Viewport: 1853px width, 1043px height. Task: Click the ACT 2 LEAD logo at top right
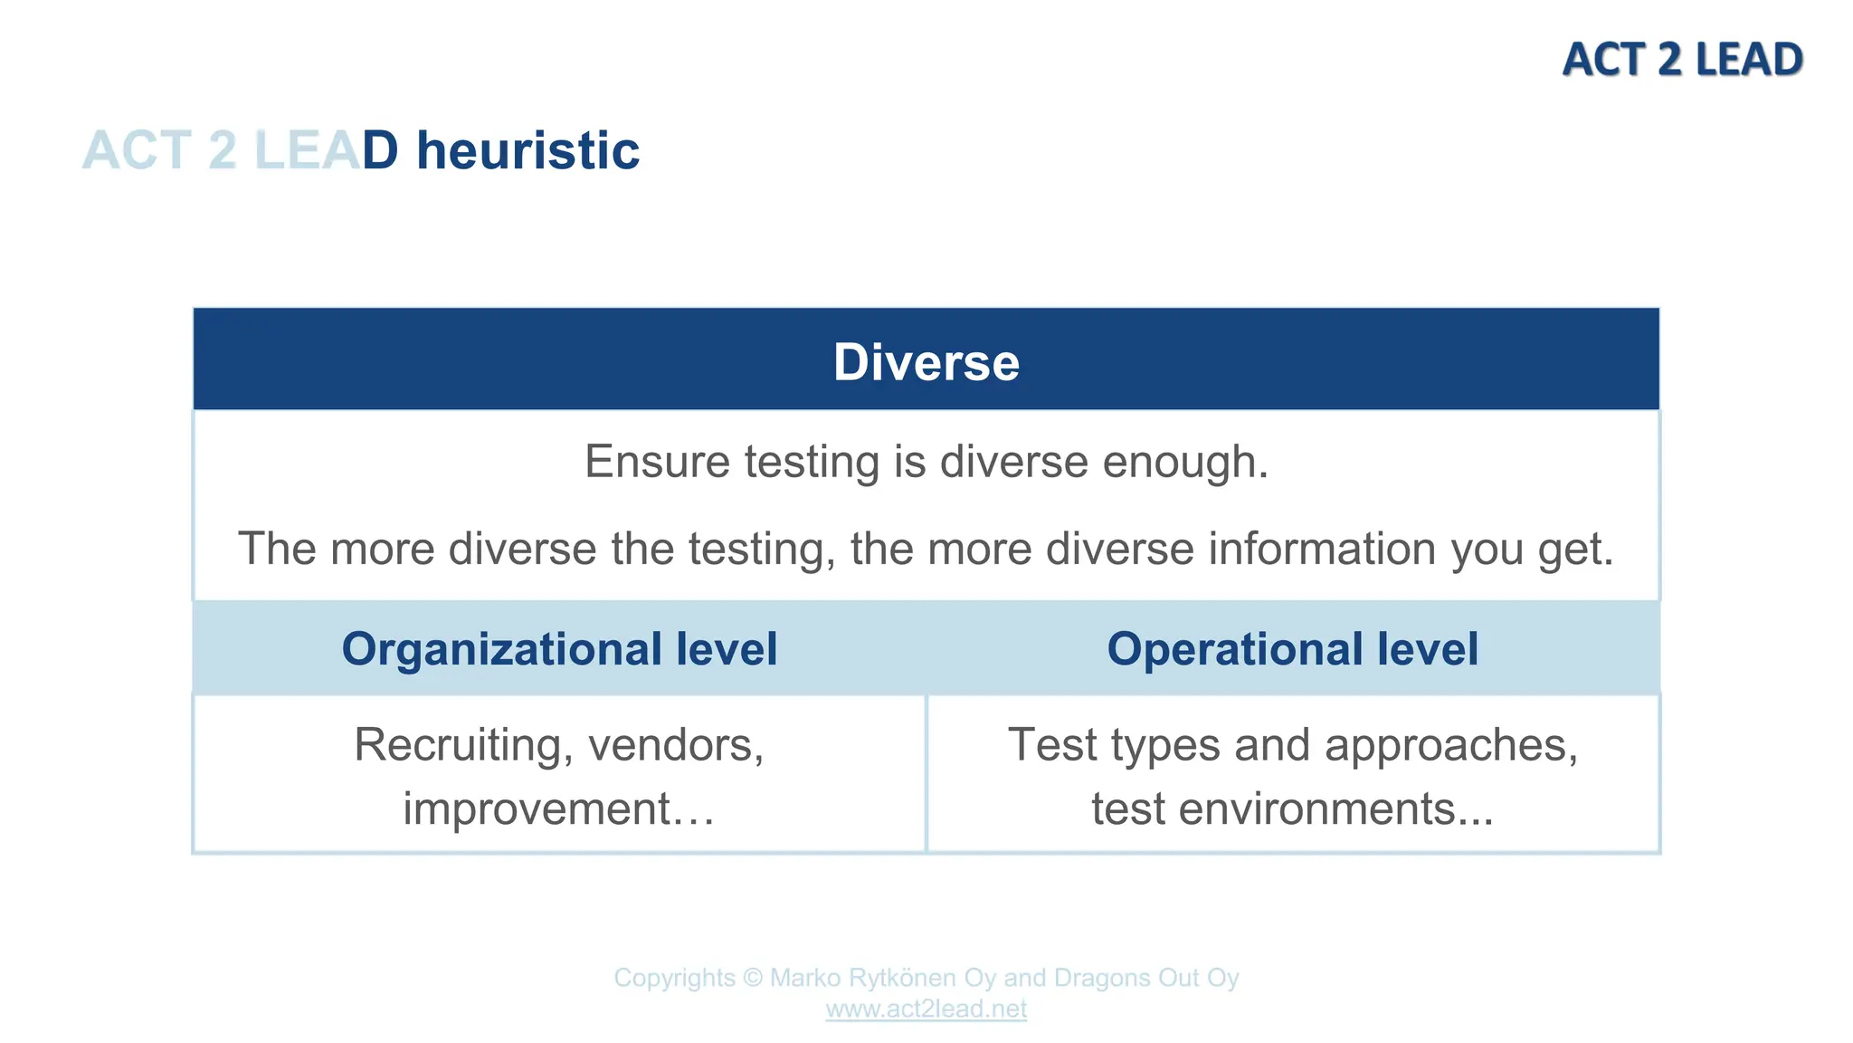pos(1682,60)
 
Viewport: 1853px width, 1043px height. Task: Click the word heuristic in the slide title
pos(527,150)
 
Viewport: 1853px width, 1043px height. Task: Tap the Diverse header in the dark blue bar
pos(926,362)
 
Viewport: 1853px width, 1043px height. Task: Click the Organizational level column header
pos(559,649)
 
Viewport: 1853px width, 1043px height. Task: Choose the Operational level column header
pos(1292,649)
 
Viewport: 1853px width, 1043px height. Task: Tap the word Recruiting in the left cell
pos(463,745)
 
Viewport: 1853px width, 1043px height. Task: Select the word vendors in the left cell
pos(675,745)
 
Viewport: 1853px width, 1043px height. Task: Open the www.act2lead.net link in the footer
pos(926,1009)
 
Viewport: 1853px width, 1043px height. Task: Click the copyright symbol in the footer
pos(753,978)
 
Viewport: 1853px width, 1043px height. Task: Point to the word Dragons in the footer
pos(1101,978)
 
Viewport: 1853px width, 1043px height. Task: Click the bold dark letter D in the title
pos(380,150)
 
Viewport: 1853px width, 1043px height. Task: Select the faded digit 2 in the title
pos(223,150)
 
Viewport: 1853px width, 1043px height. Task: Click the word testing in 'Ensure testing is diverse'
pos(811,462)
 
